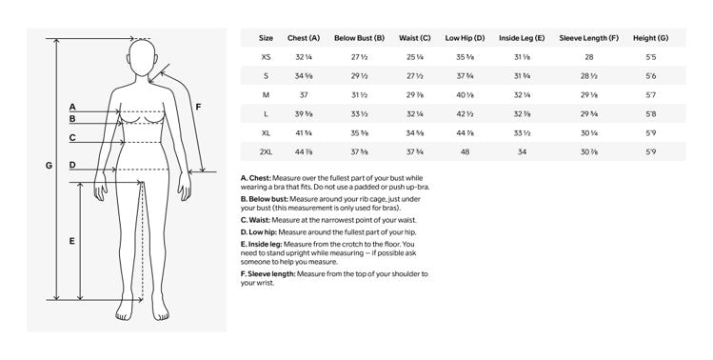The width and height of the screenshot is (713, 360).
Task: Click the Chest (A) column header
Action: (x=303, y=38)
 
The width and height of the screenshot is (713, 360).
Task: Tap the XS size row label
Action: (x=266, y=57)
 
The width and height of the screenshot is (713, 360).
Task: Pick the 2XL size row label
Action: (x=266, y=152)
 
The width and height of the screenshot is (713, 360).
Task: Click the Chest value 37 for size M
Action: (x=303, y=95)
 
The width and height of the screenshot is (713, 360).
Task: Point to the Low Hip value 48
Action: (x=465, y=152)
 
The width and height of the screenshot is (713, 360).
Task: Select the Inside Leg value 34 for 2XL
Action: (x=521, y=152)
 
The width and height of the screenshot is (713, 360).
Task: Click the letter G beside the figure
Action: (x=49, y=165)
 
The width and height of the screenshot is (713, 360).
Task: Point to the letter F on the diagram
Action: (x=198, y=107)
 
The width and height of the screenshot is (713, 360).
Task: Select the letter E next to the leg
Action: (x=72, y=241)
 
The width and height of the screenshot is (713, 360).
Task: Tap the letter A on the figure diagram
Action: (x=72, y=107)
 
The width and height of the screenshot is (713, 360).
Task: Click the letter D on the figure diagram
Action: (x=72, y=165)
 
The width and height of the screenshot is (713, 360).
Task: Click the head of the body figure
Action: (x=143, y=58)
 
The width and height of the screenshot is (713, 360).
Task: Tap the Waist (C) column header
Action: (x=411, y=38)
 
